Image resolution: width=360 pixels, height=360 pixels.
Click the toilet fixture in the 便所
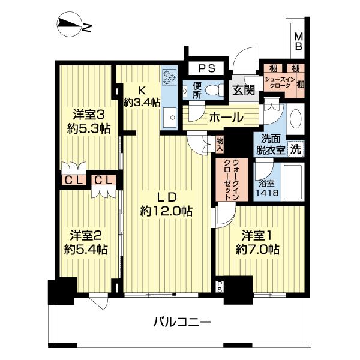click(211, 91)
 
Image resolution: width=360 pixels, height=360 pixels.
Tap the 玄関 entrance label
click(243, 91)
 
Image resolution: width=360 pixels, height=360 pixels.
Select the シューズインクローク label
click(277, 83)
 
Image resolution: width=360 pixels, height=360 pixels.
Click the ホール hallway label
click(226, 118)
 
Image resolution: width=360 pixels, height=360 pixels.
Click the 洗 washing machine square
click(295, 148)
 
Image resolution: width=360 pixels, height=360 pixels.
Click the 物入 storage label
click(220, 143)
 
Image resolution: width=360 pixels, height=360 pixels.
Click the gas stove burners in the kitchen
click(168, 77)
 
